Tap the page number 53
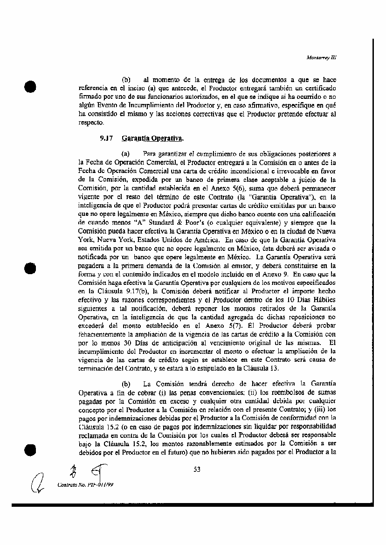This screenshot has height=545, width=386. coord(197,469)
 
